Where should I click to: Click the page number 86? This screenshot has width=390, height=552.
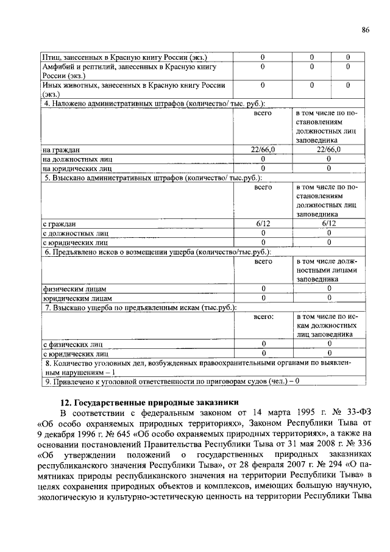coord(365,30)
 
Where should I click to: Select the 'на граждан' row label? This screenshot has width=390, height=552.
coord(61,149)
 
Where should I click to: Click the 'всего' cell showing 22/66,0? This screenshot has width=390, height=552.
coord(263,149)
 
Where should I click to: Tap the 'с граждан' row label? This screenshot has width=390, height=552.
coord(59,223)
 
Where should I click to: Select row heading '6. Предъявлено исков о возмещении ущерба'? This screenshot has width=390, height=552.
coord(157,252)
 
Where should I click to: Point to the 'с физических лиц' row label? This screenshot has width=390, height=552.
coord(72,344)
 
